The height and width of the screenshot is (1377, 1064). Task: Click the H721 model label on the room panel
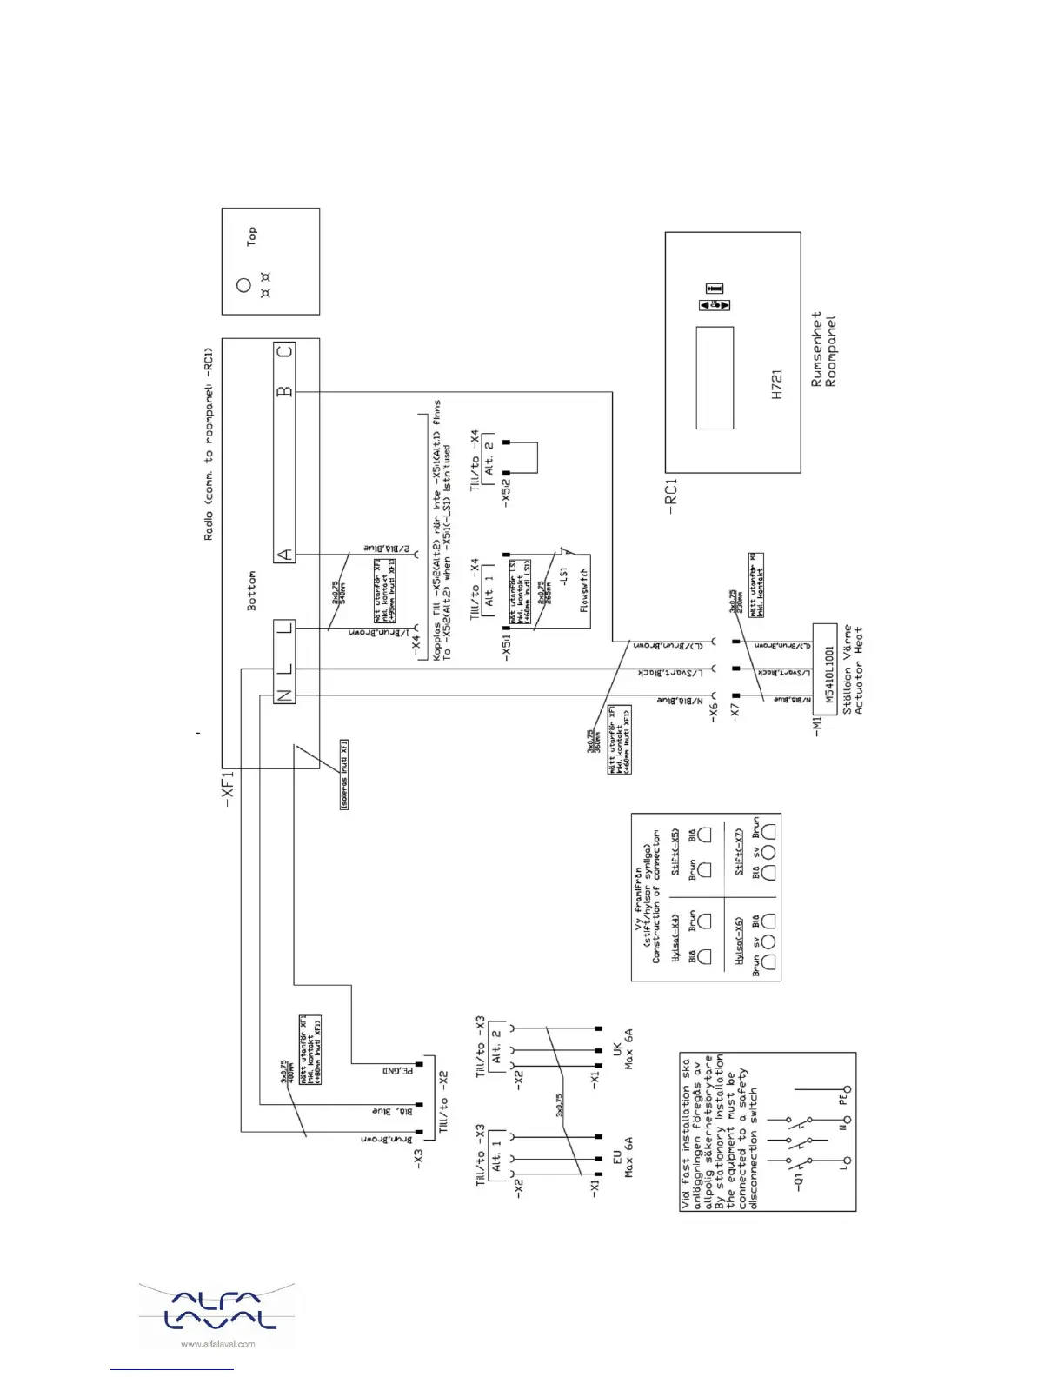[x=777, y=384]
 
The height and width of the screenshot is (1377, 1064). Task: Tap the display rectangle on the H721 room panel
[x=715, y=378]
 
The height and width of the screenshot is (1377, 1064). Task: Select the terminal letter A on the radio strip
[x=284, y=555]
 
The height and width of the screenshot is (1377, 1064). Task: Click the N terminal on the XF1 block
[x=284, y=695]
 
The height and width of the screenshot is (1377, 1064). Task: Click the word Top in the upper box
[x=251, y=236]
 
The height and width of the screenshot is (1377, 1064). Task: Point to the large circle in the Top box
[x=243, y=284]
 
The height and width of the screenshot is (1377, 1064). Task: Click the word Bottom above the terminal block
[x=251, y=590]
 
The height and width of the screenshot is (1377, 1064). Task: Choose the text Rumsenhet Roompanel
[x=823, y=349]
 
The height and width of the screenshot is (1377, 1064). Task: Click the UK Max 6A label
[x=623, y=1048]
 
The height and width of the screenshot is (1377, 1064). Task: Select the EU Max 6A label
[x=623, y=1156]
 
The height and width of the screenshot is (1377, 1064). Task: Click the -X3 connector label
[x=418, y=1158]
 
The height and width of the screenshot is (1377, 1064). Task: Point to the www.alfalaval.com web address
[x=217, y=1344]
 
